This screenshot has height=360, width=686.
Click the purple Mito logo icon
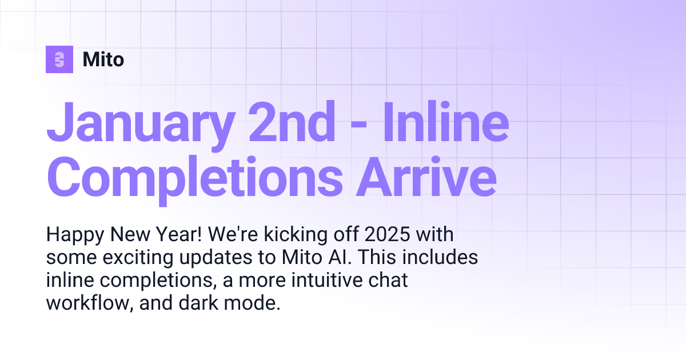pyautogui.click(x=59, y=59)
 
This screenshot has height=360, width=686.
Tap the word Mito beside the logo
pyautogui.click(x=103, y=59)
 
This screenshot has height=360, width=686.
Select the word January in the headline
pyautogui.click(x=139, y=122)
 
